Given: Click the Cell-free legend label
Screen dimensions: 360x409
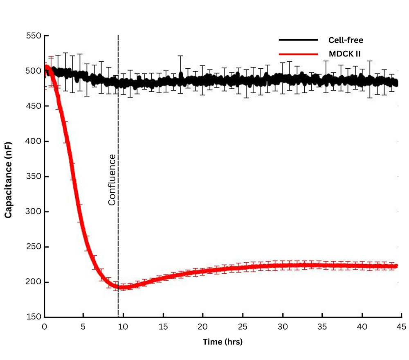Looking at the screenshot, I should (346, 40).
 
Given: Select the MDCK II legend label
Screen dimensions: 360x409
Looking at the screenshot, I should (344, 54).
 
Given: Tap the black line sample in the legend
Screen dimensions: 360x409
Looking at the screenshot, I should (298, 40).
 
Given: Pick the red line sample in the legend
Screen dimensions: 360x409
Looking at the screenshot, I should (298, 54).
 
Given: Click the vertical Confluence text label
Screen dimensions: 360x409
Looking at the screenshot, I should (112, 180).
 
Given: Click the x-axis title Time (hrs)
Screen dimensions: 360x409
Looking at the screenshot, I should (222, 342).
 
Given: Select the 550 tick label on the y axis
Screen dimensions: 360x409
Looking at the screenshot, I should (34, 36).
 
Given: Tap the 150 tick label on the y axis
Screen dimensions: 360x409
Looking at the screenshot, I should (34, 317).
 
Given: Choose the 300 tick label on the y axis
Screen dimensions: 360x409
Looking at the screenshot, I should (34, 212).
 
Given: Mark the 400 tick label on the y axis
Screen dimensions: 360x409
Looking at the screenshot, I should (34, 141).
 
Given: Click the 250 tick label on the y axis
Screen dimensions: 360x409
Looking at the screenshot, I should (34, 247).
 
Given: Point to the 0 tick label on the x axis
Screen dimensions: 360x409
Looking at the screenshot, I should (45, 327).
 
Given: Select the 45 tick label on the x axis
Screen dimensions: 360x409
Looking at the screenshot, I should (401, 327).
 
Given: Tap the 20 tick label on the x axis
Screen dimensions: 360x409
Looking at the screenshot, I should (203, 327).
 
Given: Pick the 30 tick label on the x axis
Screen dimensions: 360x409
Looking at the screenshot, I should (282, 327).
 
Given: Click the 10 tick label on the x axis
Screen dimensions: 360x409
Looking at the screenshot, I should (124, 327).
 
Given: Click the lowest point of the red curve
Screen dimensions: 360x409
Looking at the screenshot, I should (124, 287).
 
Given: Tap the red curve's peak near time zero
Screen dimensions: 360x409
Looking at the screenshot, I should (47, 67).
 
